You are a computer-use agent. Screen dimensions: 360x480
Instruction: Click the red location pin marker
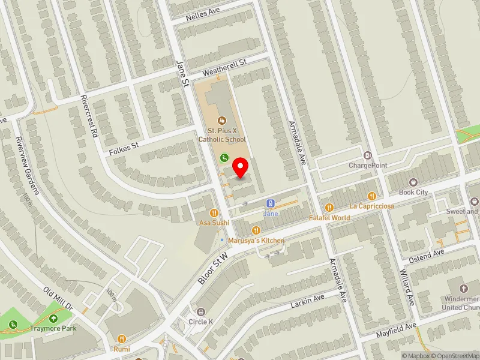pos(241,167)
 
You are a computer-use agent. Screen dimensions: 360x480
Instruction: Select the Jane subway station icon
pos(271,203)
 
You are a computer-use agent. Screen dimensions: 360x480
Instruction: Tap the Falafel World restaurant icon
pos(329,208)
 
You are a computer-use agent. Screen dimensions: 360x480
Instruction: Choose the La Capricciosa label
pos(371,206)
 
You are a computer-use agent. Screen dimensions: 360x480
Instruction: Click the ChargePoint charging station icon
pos(368,155)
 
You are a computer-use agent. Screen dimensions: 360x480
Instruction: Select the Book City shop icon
pos(413,182)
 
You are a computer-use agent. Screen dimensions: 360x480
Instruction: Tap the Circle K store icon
pos(201,311)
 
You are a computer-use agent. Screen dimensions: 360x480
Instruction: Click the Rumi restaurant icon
pos(122,338)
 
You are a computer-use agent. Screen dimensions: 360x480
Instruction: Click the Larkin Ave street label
pos(307,301)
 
